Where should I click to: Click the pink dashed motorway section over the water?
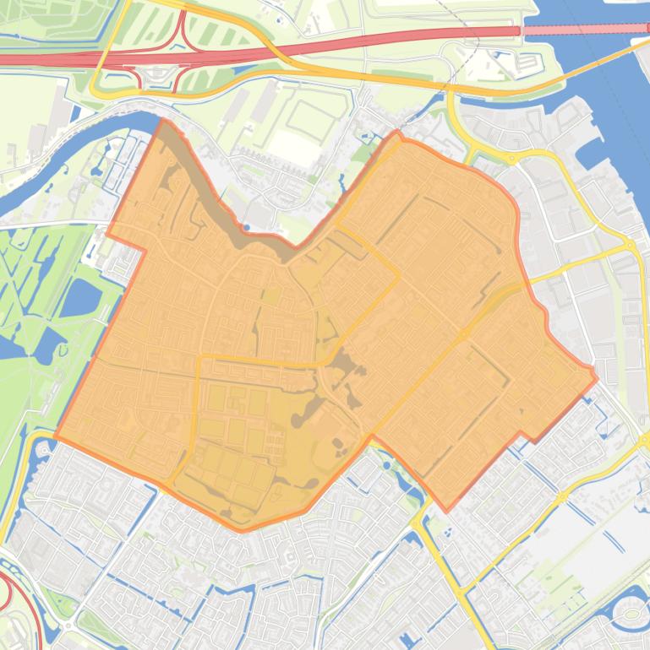pos(583,30)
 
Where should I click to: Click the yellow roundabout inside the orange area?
pos(464,335)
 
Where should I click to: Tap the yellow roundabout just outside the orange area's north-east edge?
pos(512,158)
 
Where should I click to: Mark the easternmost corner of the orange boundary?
pos(597,377)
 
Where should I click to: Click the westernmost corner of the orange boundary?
pos(55,436)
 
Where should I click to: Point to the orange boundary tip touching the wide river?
pos(163,121)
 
